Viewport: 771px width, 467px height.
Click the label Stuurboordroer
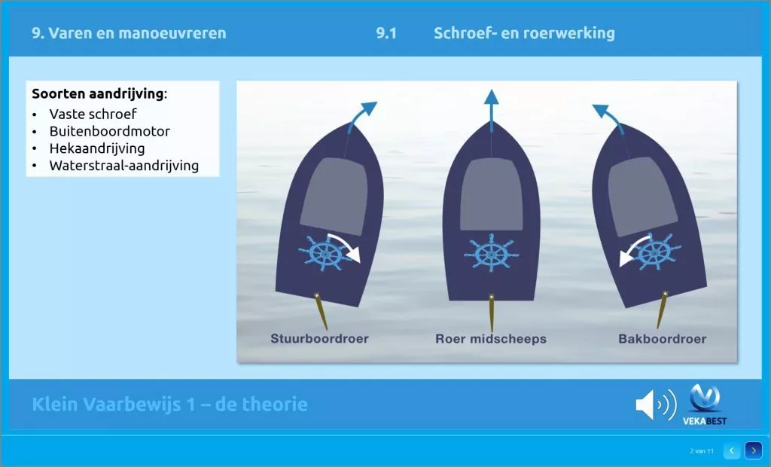319,338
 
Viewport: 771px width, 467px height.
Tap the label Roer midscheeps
491,339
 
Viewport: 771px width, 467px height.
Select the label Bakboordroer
663,339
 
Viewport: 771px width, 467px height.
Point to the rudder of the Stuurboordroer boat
322,312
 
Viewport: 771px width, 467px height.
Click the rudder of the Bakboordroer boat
662,310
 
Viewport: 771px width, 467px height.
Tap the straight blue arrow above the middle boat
491,111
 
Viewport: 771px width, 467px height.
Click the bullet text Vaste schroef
93,114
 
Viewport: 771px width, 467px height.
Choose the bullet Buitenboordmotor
110,131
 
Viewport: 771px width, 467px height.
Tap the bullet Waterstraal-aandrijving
124,166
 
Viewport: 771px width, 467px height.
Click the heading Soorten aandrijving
98,93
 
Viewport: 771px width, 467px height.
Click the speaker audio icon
656,404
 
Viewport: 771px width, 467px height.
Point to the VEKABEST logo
705,405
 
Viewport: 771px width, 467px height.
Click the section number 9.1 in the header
386,33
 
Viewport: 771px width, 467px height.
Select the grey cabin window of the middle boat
491,195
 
